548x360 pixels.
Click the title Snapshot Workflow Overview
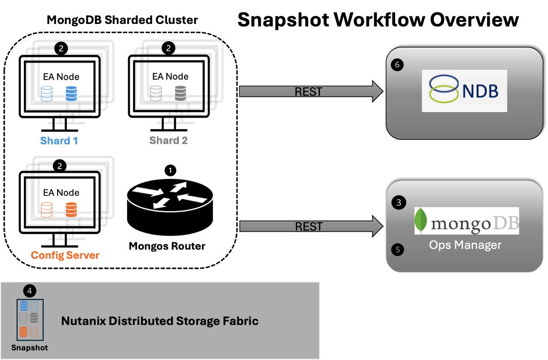(x=378, y=20)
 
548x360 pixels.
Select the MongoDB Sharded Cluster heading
(x=122, y=20)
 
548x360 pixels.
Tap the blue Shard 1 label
(x=59, y=140)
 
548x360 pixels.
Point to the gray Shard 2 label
(x=168, y=140)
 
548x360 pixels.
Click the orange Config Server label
(x=65, y=256)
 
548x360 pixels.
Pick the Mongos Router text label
(x=167, y=246)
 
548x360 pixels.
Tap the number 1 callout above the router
(x=170, y=170)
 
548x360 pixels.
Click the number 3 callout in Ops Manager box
(x=399, y=202)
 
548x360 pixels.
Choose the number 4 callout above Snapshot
(x=29, y=291)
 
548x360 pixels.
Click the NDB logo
(x=464, y=91)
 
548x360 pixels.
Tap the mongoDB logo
(x=466, y=221)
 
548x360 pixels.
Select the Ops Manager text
(x=465, y=245)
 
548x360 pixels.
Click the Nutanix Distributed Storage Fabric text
(x=160, y=321)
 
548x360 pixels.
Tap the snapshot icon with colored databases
(x=29, y=319)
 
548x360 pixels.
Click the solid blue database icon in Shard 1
(x=71, y=94)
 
